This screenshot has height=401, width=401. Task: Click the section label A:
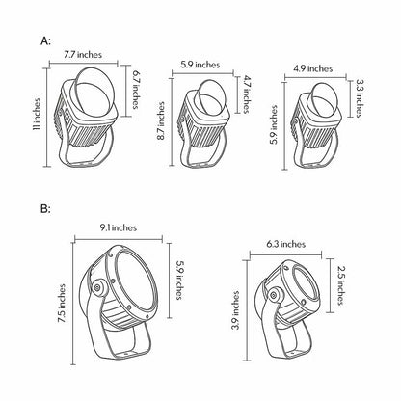click(45, 41)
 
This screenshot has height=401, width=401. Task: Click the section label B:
click(45, 209)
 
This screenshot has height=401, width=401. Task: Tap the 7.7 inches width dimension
click(83, 54)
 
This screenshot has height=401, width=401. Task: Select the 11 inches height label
click(37, 114)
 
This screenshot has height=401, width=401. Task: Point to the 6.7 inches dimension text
click(136, 92)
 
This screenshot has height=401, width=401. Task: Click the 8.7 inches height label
click(161, 120)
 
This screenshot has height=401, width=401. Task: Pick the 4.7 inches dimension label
click(247, 94)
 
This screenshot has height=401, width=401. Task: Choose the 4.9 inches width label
click(312, 68)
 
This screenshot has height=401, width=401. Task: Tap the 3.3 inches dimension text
click(359, 98)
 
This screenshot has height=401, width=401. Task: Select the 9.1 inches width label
click(118, 227)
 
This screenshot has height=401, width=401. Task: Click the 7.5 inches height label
click(62, 304)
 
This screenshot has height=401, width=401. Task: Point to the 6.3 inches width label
click(285, 244)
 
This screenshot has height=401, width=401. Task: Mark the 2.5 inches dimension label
click(341, 285)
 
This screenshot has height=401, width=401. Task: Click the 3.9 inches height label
click(236, 310)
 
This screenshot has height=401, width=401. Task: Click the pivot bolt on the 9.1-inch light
click(96, 287)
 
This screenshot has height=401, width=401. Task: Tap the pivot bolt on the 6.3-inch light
click(274, 295)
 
